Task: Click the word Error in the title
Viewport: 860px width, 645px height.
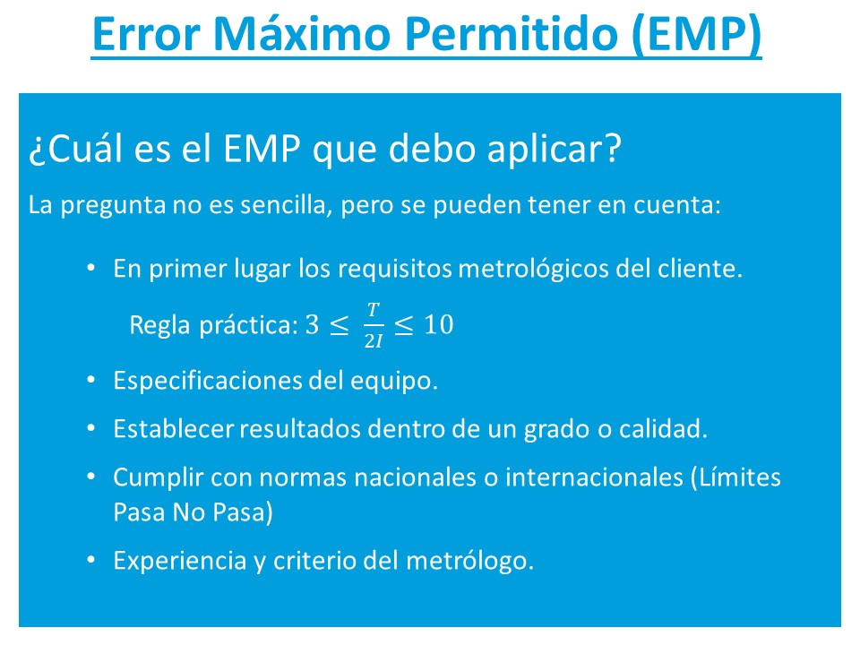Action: [x=146, y=34]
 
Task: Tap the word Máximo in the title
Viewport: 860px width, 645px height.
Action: [x=302, y=33]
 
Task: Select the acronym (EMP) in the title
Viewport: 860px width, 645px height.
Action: [x=696, y=35]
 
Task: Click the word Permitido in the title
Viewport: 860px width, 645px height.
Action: [x=511, y=34]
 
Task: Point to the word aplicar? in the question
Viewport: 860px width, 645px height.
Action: [x=555, y=150]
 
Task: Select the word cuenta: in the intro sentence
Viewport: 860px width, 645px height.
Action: [x=677, y=205]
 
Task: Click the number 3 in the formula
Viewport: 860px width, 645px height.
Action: [x=313, y=324]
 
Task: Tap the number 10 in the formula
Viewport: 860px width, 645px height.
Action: [x=439, y=324]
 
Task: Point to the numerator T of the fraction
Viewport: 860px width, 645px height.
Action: [x=374, y=310]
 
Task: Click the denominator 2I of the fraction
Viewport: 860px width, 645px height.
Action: [x=374, y=341]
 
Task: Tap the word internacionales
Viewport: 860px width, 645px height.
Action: [x=594, y=477]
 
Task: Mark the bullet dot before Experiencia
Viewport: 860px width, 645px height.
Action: [x=91, y=560]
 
